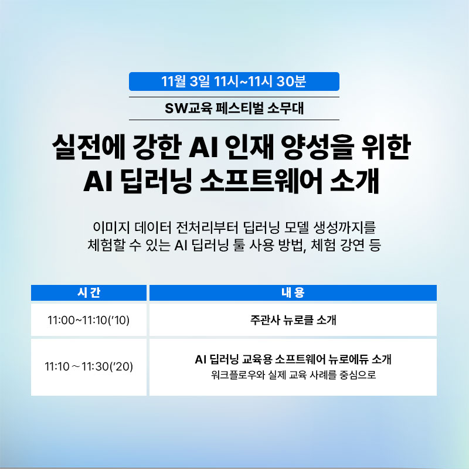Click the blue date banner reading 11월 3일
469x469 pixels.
[234, 81]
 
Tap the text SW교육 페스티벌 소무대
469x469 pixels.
[234, 108]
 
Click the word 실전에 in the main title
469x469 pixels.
[89, 148]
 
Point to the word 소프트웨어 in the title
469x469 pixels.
[261, 181]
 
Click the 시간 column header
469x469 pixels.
[89, 293]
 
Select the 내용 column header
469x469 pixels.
[293, 293]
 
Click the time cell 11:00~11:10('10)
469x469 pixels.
[89, 320]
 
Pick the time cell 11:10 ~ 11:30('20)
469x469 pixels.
[89, 366]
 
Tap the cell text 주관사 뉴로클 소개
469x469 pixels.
[293, 320]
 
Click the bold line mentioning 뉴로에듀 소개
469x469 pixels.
[293, 359]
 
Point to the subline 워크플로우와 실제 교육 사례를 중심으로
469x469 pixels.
[293, 375]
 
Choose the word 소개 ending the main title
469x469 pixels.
[355, 181]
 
